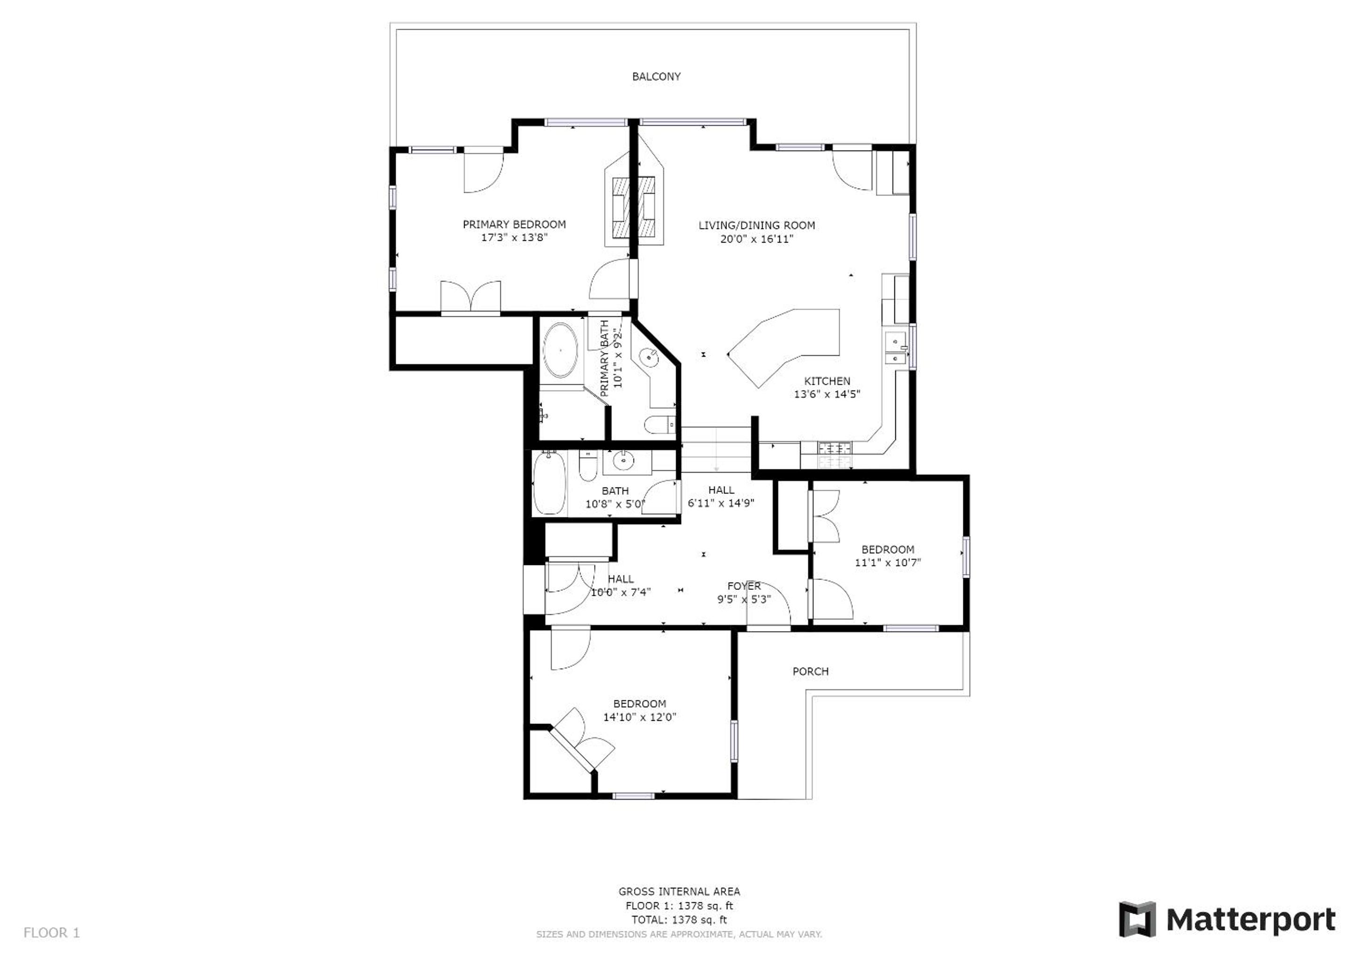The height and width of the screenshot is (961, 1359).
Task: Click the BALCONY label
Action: (x=656, y=76)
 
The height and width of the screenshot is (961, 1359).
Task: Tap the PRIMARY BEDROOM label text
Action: (x=514, y=224)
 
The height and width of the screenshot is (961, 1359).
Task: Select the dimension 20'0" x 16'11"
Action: (x=756, y=239)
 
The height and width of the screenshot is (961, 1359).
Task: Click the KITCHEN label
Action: (x=827, y=381)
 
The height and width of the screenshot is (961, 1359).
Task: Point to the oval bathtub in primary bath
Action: (x=560, y=351)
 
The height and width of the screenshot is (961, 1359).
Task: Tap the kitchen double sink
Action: (x=896, y=349)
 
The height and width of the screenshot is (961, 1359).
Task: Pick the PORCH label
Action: (x=810, y=671)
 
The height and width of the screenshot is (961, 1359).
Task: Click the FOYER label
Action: (x=744, y=586)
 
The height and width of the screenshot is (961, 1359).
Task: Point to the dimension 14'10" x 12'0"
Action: (x=639, y=717)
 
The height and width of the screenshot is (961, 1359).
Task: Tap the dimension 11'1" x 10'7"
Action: (x=887, y=562)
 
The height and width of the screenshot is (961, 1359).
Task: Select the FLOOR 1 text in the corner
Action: (x=52, y=933)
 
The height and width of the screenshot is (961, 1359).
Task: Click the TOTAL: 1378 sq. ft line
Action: (x=679, y=920)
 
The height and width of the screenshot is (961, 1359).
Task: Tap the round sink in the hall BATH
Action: (x=622, y=460)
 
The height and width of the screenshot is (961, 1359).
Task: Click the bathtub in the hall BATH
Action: (x=549, y=483)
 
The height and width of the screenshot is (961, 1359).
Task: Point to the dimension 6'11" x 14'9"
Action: (x=721, y=503)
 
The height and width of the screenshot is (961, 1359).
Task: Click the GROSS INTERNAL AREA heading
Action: (x=679, y=891)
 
